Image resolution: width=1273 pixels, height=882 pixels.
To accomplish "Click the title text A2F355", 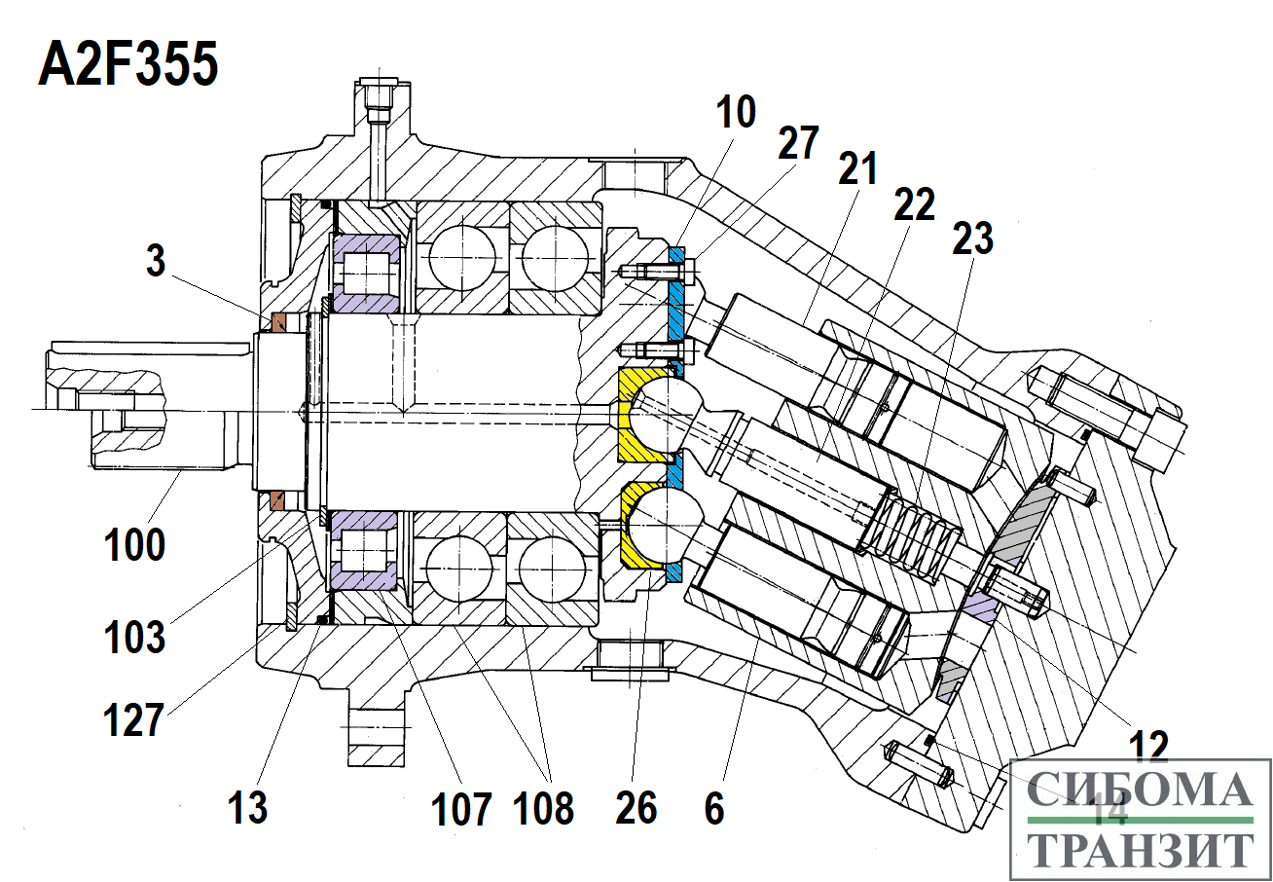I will [x=127, y=66].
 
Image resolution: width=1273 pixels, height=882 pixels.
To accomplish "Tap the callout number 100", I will [x=135, y=544].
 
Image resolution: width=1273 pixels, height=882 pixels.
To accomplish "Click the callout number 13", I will [x=247, y=807].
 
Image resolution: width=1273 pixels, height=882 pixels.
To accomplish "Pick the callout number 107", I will [x=462, y=808].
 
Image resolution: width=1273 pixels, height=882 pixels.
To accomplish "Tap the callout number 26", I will [x=636, y=807].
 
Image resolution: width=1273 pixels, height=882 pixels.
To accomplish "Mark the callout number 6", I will [x=714, y=807].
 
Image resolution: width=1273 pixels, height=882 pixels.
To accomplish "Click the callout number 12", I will [x=1149, y=748].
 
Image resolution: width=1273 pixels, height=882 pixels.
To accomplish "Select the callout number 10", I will [x=738, y=114].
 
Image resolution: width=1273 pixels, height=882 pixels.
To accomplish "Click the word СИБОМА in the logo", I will [x=1140, y=790].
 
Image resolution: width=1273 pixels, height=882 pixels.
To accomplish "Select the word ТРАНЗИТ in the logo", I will [x=1140, y=850].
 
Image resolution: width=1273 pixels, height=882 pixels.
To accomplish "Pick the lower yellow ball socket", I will [x=638, y=531].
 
